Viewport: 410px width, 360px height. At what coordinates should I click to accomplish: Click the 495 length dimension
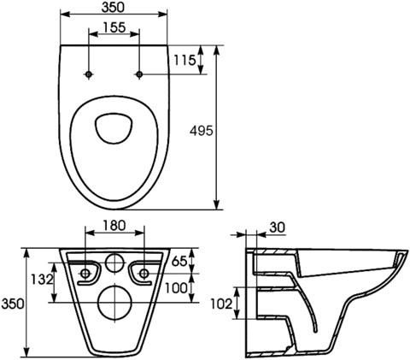click(202, 131)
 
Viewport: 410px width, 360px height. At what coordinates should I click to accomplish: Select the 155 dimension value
click(114, 27)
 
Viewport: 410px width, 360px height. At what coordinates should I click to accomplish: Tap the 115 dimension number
click(184, 60)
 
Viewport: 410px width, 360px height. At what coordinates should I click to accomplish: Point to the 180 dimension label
click(114, 226)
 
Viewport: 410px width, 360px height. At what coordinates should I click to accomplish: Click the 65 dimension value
click(179, 261)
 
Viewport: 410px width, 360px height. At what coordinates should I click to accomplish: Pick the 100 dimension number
click(176, 288)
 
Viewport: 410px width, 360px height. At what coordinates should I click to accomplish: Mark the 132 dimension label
click(42, 280)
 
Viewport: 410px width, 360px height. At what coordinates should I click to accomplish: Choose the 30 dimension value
click(277, 227)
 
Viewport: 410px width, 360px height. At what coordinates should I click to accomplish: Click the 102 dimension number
click(221, 304)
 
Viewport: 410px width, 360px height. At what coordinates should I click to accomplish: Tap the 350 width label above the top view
click(113, 8)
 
